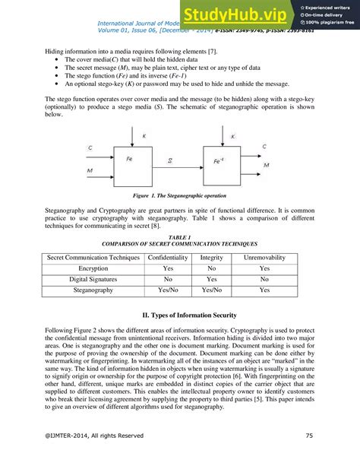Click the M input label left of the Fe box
90,171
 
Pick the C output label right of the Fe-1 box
264,146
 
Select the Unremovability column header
264,257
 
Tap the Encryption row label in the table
93,268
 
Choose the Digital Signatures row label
93,279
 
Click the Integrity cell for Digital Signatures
211,279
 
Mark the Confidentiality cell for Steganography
169,290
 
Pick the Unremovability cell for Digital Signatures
264,279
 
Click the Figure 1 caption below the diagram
179,195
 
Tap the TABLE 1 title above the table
179,237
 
